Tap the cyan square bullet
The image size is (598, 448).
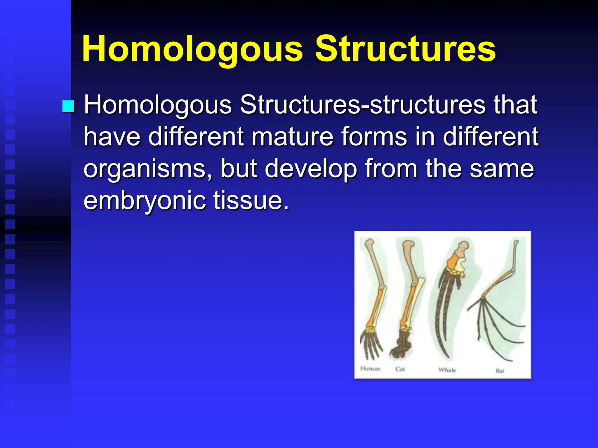coord(68,106)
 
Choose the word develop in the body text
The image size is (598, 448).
coord(311,169)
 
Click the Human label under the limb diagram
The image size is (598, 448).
coord(370,369)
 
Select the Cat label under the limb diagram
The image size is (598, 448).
coord(400,369)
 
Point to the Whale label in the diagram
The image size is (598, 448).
coord(447,370)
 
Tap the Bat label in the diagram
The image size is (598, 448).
coord(500,371)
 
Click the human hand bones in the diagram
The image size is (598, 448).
coord(371,344)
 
